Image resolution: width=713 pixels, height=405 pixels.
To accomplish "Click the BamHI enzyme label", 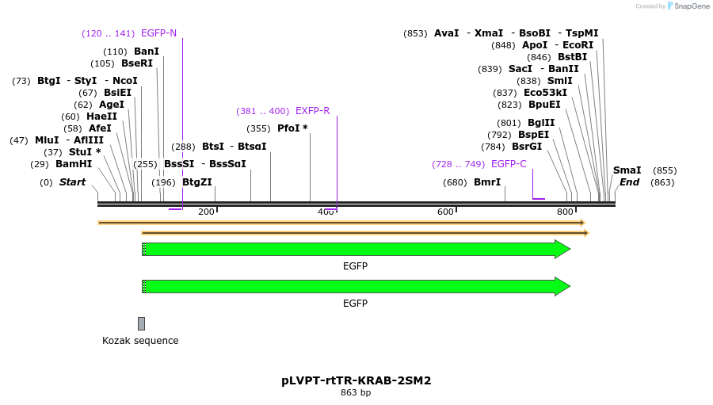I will [74, 164].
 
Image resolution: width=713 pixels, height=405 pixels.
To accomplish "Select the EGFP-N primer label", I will [158, 33].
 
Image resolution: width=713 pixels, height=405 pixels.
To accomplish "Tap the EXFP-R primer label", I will [312, 111].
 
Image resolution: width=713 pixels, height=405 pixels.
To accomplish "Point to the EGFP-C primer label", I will [509, 164].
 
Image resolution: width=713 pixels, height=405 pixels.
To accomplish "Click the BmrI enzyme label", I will [487, 182].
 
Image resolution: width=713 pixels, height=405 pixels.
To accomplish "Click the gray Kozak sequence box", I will [141, 323].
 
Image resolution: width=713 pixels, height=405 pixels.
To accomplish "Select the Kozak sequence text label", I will [140, 341].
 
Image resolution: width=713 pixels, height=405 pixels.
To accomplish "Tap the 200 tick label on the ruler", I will [206, 212].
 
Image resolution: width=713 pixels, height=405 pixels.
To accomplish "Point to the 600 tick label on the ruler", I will [445, 212].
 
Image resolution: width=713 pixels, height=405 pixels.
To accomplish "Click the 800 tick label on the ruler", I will [565, 212].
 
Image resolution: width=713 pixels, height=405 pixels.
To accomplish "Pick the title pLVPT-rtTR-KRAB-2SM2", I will [356, 380].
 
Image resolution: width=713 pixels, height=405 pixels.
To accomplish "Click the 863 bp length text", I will [356, 392].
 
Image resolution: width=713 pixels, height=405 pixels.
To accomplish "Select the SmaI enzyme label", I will [627, 170].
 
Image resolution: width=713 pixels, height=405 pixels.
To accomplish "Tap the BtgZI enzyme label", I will [197, 182].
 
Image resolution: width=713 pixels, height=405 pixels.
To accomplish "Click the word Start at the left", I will [72, 182].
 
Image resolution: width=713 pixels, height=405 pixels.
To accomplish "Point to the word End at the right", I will [629, 182].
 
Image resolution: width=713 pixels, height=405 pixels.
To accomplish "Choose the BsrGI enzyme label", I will [527, 147].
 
